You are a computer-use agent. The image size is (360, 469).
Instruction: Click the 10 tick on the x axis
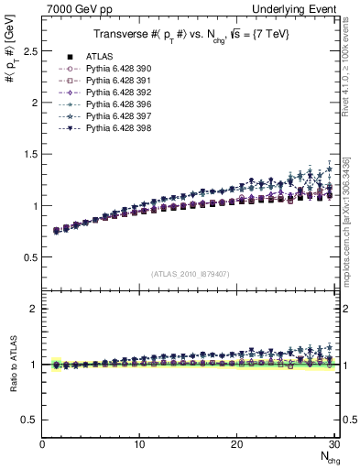[x=139, y=445]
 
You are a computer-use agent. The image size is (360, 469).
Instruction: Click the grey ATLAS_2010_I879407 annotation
[x=190, y=273]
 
